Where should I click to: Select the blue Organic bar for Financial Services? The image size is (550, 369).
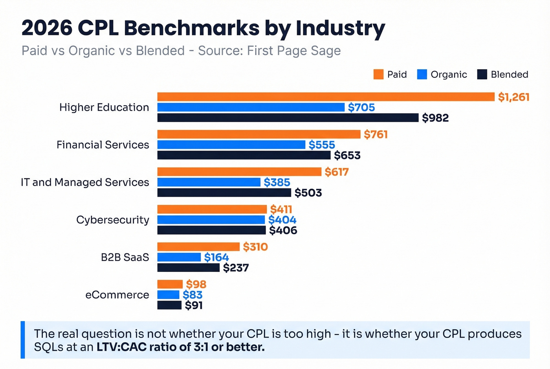pyautogui.click(x=231, y=145)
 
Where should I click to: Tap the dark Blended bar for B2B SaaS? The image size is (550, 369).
pyautogui.click(x=188, y=268)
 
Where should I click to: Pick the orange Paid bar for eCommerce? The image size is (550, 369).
pyautogui.click(x=170, y=284)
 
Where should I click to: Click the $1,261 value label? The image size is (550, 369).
pyautogui.click(x=513, y=97)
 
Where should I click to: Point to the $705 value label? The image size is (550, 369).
pyautogui.click(x=361, y=107)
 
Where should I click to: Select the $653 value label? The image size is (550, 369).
pyautogui.click(x=347, y=155)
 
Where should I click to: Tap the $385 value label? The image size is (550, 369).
pyautogui.click(x=277, y=182)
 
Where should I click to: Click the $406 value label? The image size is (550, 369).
pyautogui.click(x=283, y=230)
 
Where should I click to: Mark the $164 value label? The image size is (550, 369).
pyautogui.click(x=216, y=257)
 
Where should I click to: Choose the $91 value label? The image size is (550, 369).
pyautogui.click(x=194, y=305)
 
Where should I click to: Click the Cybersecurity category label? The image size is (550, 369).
pyautogui.click(x=112, y=220)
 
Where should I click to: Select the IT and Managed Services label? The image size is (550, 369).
pyautogui.click(x=85, y=182)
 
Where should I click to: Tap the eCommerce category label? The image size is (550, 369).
pyautogui.click(x=117, y=295)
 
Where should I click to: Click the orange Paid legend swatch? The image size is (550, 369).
pyautogui.click(x=378, y=74)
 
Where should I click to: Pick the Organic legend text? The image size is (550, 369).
pyautogui.click(x=449, y=74)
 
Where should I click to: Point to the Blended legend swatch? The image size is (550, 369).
pyautogui.click(x=482, y=74)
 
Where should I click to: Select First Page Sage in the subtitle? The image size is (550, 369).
pyautogui.click(x=293, y=51)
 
